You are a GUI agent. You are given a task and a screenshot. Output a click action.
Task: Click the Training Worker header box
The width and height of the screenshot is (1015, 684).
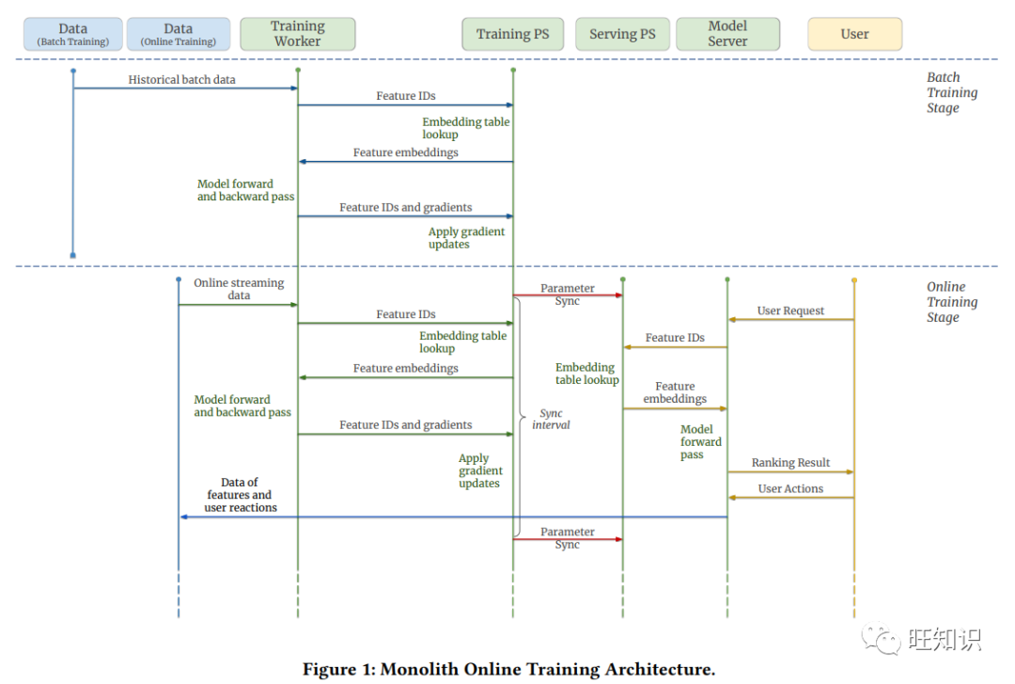pos(298,34)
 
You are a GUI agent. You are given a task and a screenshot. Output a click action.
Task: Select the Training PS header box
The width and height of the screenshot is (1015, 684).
pos(513,34)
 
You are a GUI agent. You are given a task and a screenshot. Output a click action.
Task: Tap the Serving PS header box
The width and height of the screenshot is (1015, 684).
pos(622,34)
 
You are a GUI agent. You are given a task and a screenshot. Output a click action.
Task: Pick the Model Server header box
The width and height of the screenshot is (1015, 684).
pos(727,34)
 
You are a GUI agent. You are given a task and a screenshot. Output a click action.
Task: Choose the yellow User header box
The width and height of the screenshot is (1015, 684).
pos(854,34)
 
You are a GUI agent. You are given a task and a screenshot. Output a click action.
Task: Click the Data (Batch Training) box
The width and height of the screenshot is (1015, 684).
pos(73,34)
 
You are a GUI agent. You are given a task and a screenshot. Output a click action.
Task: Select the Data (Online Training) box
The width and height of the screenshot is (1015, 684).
pos(178,34)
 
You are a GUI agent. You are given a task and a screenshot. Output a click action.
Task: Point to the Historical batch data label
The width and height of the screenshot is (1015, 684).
pos(182,80)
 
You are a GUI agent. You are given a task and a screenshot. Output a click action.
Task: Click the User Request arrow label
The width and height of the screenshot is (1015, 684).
pos(790,310)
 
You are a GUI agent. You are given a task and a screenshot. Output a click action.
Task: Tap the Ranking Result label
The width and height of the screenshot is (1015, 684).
pos(790,462)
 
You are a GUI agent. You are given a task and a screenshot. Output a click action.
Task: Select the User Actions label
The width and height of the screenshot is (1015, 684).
pos(790,489)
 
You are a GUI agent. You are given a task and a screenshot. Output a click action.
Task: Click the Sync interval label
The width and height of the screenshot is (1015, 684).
pos(551,419)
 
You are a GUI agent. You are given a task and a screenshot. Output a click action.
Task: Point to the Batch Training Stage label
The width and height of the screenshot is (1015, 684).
pos(951,92)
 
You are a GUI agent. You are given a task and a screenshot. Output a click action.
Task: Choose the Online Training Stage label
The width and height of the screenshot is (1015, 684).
pos(951,301)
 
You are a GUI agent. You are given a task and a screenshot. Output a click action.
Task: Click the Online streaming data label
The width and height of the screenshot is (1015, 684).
pos(239,289)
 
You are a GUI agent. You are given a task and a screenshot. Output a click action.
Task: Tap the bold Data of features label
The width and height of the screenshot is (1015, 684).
pos(241,495)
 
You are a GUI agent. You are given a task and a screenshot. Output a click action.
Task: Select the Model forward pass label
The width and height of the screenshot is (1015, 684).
pos(700,441)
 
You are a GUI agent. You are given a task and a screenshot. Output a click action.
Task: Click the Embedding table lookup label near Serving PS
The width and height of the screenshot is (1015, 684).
pos(586,374)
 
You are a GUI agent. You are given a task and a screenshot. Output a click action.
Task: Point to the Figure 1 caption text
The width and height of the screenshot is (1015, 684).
pos(508,669)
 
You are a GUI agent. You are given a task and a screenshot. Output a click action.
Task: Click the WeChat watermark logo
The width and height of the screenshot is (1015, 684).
pos(881,639)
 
